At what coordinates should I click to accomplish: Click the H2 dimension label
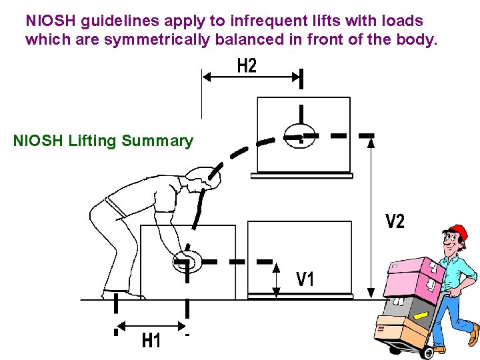point(247,66)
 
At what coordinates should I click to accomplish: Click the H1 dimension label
point(151,341)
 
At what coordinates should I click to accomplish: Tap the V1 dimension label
point(305,279)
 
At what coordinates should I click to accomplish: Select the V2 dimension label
point(395,221)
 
